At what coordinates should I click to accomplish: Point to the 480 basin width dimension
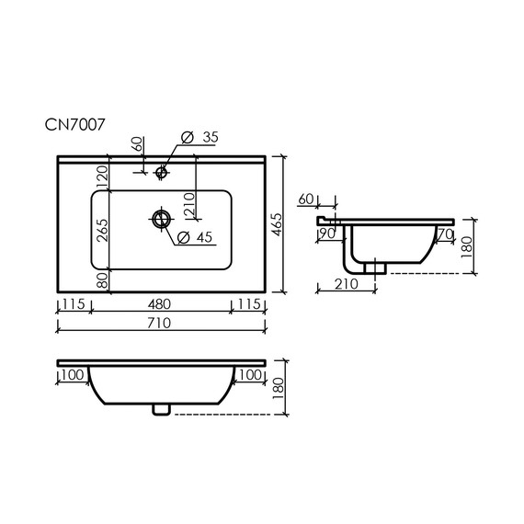(x=162, y=304)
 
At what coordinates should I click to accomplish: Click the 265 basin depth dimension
(x=103, y=228)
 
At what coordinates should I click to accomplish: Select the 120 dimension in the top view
(x=103, y=175)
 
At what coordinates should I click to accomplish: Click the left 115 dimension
(x=74, y=304)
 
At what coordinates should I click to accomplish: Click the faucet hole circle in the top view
(x=163, y=170)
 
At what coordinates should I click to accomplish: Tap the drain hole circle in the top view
(x=162, y=219)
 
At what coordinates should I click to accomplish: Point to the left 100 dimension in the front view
(x=74, y=375)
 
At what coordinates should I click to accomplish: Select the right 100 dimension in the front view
(x=249, y=375)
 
